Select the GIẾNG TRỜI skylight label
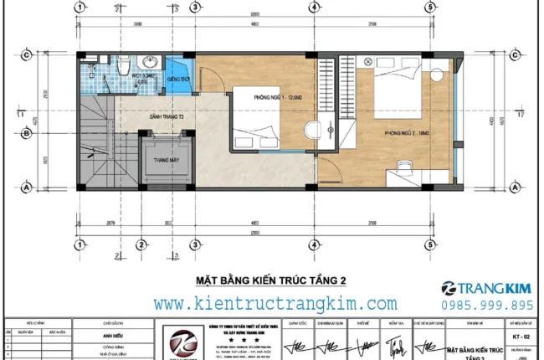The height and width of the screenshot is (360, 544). click(178, 77)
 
